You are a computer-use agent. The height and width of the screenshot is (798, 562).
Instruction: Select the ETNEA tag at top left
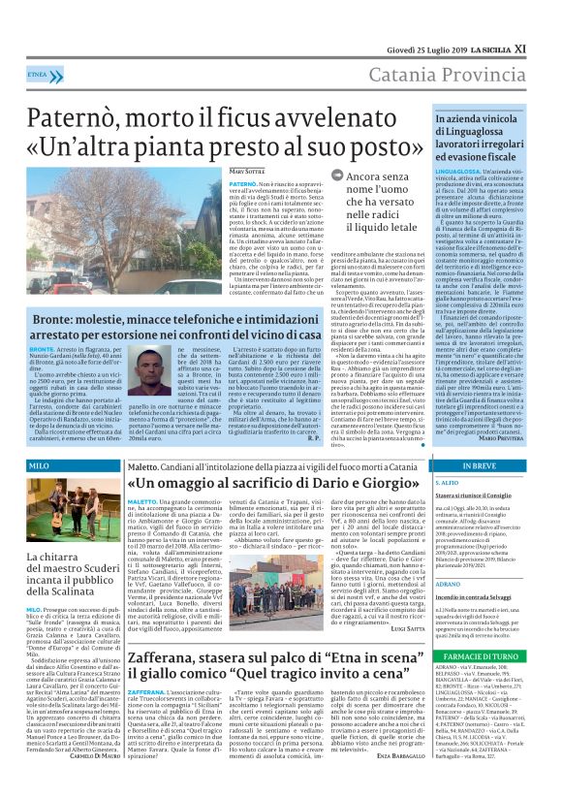[40, 74]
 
